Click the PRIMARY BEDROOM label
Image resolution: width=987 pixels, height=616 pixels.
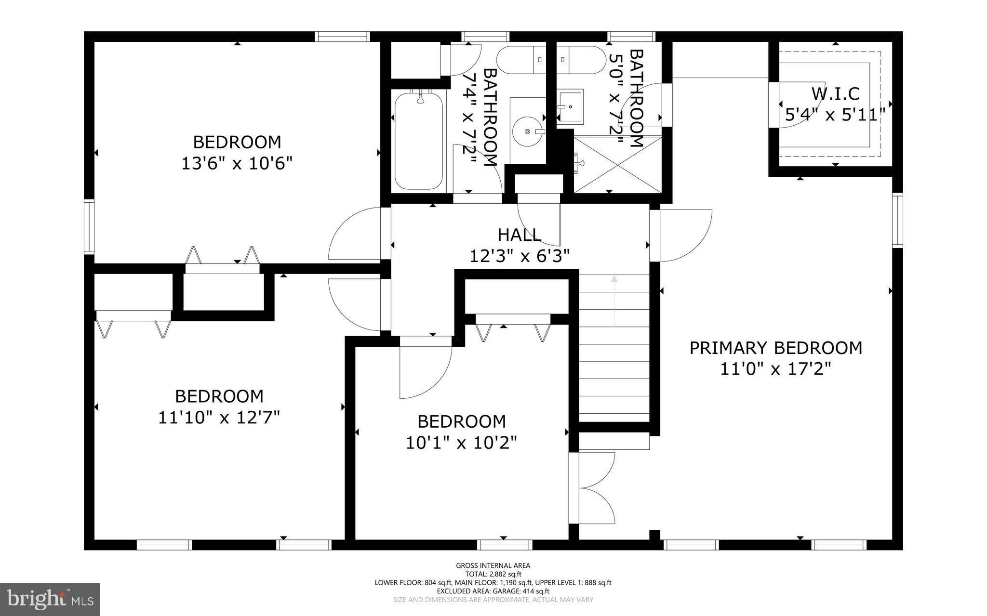tap(775, 348)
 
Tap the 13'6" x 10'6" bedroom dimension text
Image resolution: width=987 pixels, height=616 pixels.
tap(237, 164)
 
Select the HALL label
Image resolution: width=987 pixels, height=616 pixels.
tap(519, 235)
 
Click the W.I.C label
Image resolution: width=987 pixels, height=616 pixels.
tap(835, 93)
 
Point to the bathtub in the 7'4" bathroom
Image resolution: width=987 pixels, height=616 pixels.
tap(418, 141)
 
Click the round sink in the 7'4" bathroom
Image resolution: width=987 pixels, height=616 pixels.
tap(527, 131)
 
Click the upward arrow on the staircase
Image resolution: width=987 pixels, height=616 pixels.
tap(614, 299)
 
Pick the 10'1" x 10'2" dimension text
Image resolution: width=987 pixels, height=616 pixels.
tap(461, 443)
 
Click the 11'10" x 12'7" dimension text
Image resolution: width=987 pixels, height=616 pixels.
tap(219, 417)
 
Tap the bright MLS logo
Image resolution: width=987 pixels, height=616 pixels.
tap(50, 599)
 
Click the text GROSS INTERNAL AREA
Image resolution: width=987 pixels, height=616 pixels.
tap(493, 566)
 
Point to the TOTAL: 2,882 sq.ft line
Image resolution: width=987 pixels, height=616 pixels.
tap(493, 574)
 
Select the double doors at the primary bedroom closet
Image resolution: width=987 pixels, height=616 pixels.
tap(595, 488)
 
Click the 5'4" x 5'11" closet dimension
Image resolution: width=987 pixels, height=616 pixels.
tap(835, 115)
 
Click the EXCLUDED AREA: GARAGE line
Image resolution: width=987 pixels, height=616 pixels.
tap(493, 591)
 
